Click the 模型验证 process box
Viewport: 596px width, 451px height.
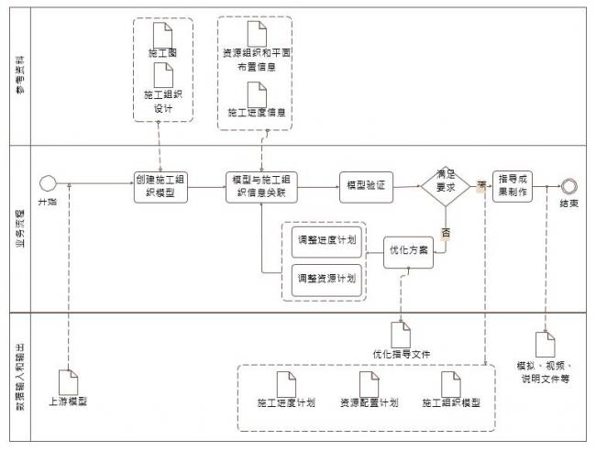[x=365, y=185]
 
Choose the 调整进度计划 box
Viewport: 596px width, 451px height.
[x=326, y=240]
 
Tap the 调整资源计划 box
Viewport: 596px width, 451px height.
[x=326, y=277]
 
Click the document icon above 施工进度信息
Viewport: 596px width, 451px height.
[x=258, y=92]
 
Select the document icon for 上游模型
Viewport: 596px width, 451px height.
[x=70, y=380]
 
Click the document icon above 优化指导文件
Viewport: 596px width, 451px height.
[x=401, y=333]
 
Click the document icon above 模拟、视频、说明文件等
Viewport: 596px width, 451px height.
[x=545, y=344]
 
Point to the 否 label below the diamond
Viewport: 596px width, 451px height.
[x=447, y=233]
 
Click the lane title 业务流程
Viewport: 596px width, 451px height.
[x=17, y=227]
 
